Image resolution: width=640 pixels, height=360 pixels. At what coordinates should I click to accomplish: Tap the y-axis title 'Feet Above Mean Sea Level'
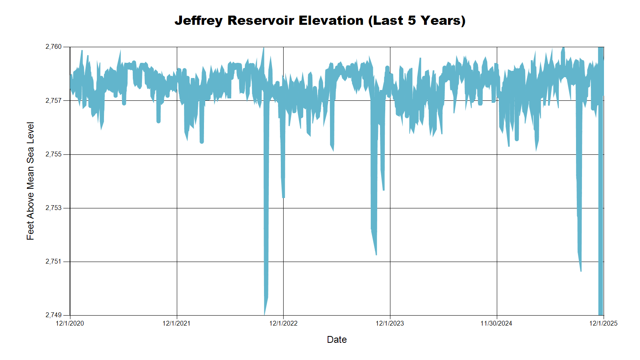[30, 181]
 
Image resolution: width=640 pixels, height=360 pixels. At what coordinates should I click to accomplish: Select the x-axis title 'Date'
[336, 340]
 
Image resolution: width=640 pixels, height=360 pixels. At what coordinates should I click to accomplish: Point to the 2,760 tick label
[54, 47]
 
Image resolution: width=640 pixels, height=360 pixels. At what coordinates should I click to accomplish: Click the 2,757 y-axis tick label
[54, 100]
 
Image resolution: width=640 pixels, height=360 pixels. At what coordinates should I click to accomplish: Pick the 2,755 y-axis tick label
[54, 154]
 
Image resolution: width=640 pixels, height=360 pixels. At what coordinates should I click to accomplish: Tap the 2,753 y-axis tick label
[54, 208]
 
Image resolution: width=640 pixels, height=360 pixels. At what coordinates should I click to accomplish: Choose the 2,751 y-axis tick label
[54, 262]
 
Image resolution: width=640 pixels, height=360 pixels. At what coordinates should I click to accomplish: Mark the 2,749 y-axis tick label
[54, 315]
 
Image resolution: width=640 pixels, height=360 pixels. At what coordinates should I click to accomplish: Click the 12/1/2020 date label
[70, 323]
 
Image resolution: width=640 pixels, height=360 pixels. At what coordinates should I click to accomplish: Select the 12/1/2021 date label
[176, 323]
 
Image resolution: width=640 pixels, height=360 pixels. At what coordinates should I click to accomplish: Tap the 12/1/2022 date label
[283, 323]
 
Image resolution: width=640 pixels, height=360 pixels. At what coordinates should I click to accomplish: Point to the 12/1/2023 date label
[390, 323]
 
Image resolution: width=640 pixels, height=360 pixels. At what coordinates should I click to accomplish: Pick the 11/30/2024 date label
[496, 323]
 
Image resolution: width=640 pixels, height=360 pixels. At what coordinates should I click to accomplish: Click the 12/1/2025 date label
[603, 323]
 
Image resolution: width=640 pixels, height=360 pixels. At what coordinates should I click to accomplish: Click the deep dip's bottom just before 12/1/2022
[265, 313]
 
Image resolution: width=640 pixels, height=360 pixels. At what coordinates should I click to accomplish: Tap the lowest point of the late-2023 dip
[376, 254]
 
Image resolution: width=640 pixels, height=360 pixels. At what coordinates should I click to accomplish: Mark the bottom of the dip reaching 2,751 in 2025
[581, 270]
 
